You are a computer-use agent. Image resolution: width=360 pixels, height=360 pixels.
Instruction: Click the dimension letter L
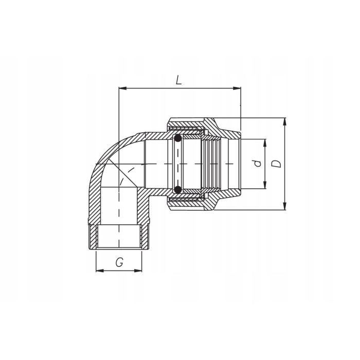(178, 80)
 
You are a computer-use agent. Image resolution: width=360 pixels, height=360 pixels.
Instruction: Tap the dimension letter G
(119, 262)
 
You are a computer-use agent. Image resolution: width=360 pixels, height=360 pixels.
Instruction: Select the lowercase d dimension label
(258, 164)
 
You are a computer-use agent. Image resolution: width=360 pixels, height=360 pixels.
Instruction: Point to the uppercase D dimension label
(277, 164)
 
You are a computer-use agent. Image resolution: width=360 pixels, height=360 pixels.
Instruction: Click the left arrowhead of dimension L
(122, 88)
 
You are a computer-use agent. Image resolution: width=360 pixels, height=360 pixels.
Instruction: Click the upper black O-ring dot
(177, 138)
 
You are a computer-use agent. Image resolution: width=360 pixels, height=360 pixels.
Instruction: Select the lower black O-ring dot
(177, 189)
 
